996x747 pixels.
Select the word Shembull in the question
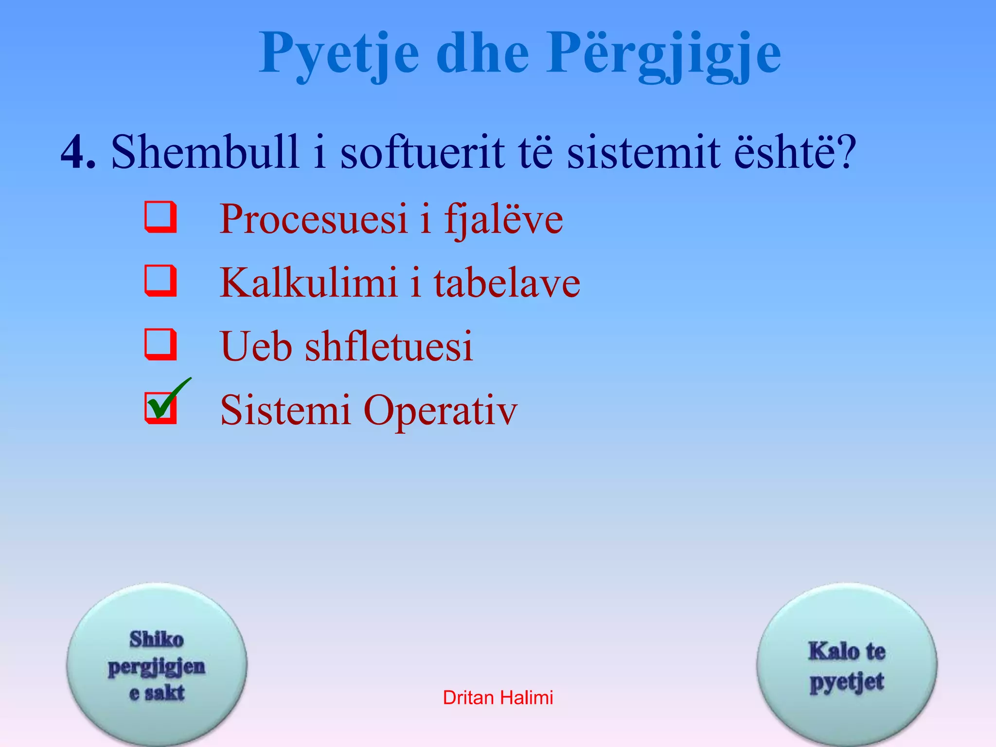(x=204, y=152)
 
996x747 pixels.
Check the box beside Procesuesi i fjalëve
(x=160, y=217)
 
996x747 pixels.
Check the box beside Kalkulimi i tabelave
(x=160, y=281)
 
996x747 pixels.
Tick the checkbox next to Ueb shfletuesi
(x=160, y=344)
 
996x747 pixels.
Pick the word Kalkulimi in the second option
(x=308, y=283)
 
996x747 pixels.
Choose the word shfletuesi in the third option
(x=389, y=347)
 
